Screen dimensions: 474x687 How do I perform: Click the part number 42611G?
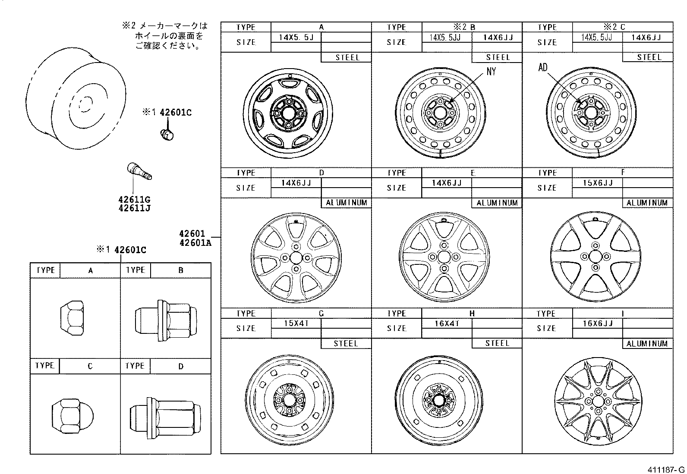click(134, 200)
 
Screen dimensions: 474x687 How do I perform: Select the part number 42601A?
click(195, 242)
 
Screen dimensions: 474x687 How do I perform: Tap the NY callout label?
click(491, 72)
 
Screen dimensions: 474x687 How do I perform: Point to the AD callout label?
click(542, 67)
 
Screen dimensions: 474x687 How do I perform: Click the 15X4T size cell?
click(296, 323)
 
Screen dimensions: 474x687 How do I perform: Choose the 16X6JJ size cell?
click(597, 323)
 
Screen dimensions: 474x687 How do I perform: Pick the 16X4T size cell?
click(447, 323)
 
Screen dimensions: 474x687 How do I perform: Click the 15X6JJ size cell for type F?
click(597, 182)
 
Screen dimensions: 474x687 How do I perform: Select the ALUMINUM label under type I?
click(647, 343)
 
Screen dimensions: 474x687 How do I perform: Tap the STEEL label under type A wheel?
click(346, 57)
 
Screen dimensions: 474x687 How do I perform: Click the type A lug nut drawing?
click(71, 319)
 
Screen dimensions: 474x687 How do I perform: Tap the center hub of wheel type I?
click(597, 400)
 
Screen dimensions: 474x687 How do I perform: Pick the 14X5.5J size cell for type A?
click(296, 37)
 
